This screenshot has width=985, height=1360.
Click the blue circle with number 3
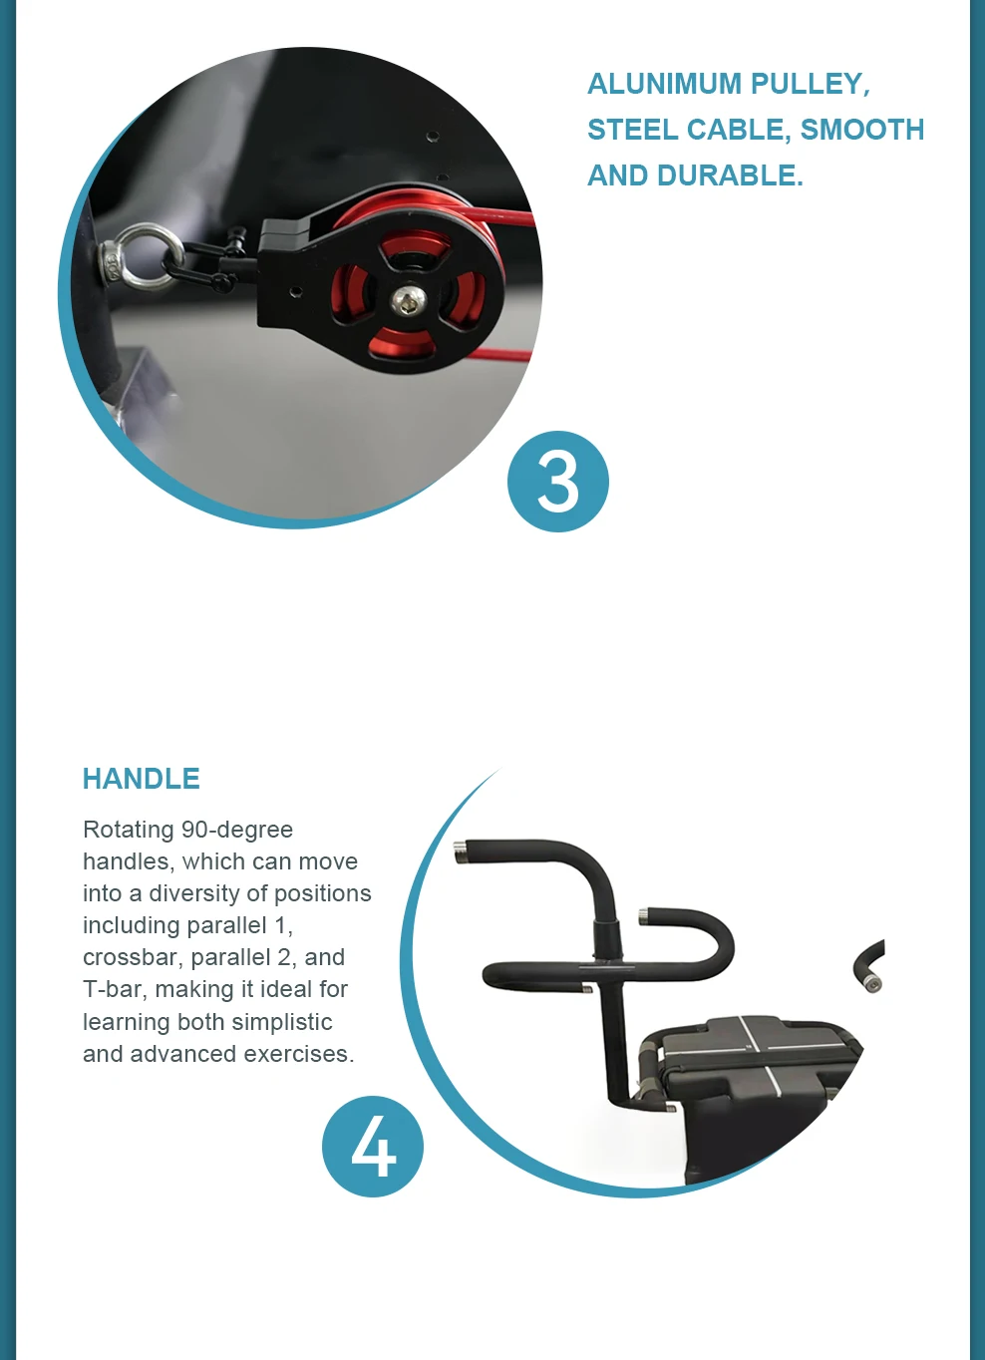(x=557, y=482)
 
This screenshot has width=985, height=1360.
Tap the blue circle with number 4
(x=373, y=1147)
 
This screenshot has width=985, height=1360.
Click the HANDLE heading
(x=141, y=779)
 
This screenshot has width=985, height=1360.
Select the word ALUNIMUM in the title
(x=663, y=84)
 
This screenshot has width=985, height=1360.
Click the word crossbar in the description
(x=133, y=957)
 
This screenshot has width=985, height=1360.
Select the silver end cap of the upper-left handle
(x=461, y=852)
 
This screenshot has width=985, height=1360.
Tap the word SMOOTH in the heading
(x=862, y=130)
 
